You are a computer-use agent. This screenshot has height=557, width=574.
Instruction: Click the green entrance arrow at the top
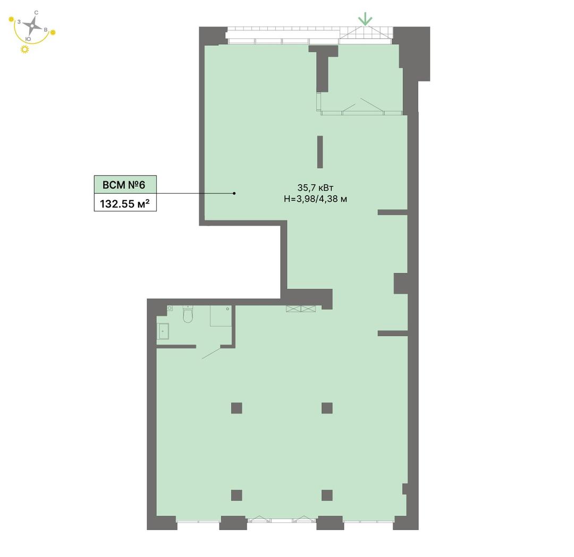(365, 19)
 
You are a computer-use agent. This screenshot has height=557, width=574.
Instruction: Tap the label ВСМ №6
(124, 185)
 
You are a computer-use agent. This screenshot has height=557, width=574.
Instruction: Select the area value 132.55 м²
(125, 203)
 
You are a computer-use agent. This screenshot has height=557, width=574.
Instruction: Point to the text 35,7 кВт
(315, 188)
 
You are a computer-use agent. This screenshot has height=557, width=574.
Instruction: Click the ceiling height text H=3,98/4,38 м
(315, 199)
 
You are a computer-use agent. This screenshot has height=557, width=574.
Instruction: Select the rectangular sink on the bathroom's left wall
(163, 331)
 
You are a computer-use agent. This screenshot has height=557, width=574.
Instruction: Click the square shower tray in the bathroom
(221, 315)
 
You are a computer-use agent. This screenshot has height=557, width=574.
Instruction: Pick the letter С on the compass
(36, 13)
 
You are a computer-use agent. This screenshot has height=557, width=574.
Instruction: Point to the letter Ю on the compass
(28, 39)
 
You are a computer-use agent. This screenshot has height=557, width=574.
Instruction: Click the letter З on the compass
(19, 22)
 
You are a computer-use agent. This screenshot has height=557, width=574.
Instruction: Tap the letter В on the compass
(45, 30)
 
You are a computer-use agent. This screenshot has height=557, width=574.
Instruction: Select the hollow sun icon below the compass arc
(24, 49)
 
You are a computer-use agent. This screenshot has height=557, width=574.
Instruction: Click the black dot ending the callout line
(234, 193)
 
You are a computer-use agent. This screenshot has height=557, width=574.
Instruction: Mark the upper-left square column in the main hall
(237, 408)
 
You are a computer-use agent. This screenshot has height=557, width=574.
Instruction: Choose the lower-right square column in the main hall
(327, 495)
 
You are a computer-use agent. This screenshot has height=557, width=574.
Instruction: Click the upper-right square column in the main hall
(327, 408)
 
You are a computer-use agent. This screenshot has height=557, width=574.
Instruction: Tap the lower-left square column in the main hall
(237, 495)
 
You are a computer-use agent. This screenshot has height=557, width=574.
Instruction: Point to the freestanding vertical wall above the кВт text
(320, 152)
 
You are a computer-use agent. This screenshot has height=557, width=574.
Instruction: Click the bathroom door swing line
(211, 353)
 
